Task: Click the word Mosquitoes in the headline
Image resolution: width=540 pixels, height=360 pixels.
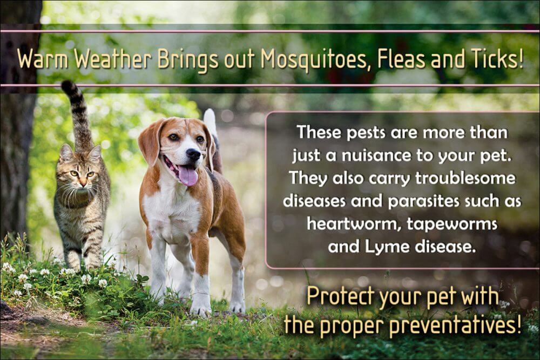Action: [315, 59]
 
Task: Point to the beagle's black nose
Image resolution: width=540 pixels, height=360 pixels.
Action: [193, 154]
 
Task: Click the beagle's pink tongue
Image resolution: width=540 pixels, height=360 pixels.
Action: [188, 175]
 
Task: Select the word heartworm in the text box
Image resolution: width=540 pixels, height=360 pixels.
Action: [353, 224]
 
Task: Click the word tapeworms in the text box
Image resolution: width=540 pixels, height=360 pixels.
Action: [452, 225]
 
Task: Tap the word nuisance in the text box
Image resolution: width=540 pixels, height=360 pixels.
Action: [376, 155]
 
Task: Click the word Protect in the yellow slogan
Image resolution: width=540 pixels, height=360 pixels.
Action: [340, 296]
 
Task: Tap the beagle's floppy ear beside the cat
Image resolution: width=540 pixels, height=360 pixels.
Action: [151, 140]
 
